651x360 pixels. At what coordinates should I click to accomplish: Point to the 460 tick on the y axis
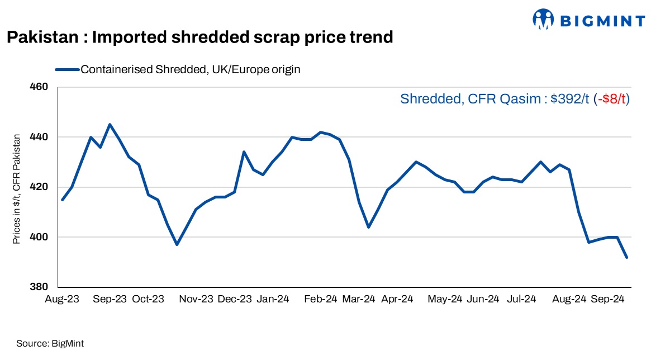[x=42, y=87]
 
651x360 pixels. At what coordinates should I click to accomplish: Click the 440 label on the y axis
[x=42, y=137]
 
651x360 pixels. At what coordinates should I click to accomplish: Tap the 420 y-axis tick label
[x=42, y=187]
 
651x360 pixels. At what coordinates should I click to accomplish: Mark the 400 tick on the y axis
[x=42, y=237]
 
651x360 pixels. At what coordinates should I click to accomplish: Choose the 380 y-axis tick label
[x=42, y=287]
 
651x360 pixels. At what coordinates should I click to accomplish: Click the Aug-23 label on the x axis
[x=62, y=300]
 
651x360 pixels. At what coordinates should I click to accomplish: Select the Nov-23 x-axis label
[x=196, y=300]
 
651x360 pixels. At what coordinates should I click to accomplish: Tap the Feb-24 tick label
[x=320, y=300]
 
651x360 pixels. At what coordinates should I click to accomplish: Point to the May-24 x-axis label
[x=445, y=300]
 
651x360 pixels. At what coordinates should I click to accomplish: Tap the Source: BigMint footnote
[x=50, y=343]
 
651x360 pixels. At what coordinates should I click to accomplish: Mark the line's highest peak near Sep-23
[x=110, y=124]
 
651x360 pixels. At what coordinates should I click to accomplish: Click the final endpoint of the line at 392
[x=626, y=257]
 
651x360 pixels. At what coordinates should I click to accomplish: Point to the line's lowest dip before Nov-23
[x=177, y=244]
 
